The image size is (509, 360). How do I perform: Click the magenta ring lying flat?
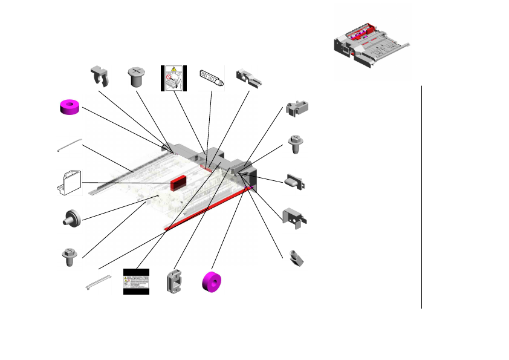click(70, 107)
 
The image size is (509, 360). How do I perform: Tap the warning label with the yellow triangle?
click(174, 78)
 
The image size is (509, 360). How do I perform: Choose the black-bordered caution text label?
click(136, 281)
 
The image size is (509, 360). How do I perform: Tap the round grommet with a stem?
click(72, 219)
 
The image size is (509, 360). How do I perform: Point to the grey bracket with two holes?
click(295, 216)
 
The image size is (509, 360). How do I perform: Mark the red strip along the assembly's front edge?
click(206, 209)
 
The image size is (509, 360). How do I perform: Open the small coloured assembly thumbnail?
click(371, 43)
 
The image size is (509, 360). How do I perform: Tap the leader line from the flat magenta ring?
click(121, 126)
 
